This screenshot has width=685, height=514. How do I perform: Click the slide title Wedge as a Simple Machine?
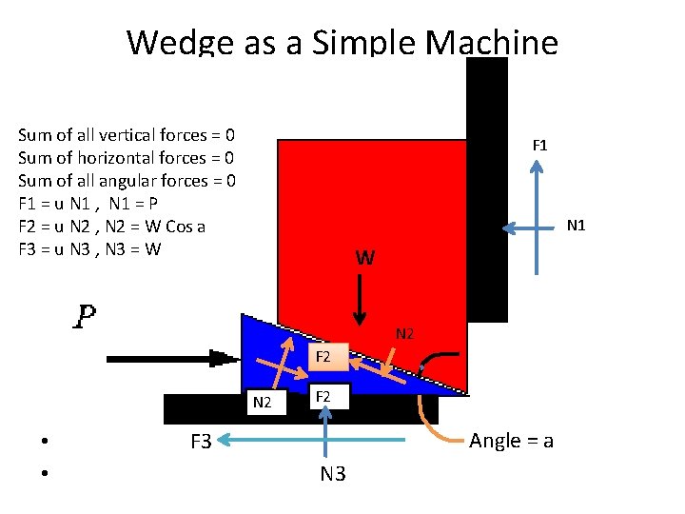coord(342,42)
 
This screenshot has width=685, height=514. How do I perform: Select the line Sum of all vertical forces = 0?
coord(127,135)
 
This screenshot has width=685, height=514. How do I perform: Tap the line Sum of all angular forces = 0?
coord(127,181)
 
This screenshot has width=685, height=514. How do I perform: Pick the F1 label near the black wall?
coord(539,146)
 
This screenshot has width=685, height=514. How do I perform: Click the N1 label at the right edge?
coord(576,226)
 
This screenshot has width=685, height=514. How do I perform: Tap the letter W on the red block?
coord(364,258)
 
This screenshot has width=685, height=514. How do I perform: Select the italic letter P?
coord(86,316)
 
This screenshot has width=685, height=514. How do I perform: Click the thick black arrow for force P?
coord(171,359)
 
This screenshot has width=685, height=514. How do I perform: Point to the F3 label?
coord(201,441)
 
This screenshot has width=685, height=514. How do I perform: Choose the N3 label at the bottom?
coord(332,473)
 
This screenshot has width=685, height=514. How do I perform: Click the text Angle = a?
coord(512,441)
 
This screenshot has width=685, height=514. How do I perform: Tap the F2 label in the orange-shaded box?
coord(323,357)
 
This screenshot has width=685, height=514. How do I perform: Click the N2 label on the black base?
coord(264,403)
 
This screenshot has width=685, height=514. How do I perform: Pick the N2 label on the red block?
coord(404,334)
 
